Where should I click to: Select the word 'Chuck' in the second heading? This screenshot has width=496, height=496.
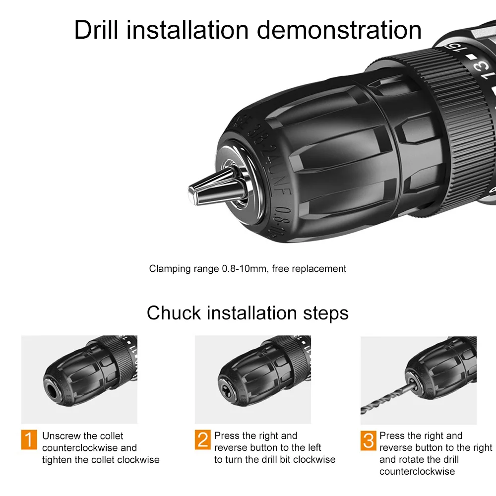pos(174,313)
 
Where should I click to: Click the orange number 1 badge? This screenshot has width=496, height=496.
pos(29,440)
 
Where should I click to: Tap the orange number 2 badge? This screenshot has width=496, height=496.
pos(203,440)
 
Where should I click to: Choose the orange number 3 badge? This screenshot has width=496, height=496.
pos(369,440)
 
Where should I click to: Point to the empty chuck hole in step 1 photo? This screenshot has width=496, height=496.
pos(52,383)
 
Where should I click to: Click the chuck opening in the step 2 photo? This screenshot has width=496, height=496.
pos(226,383)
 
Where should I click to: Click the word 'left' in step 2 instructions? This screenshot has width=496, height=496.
pos(313,448)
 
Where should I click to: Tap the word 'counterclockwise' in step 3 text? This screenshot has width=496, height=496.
pos(417,471)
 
